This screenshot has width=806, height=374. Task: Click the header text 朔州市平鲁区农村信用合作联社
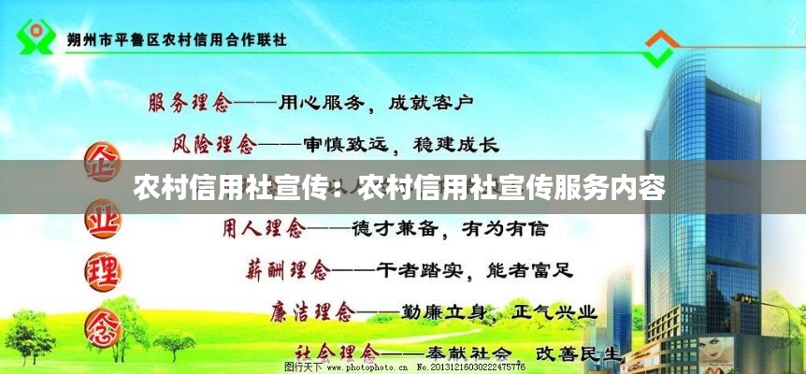tap(177, 39)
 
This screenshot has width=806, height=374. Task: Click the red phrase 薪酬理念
tap(288, 269)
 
